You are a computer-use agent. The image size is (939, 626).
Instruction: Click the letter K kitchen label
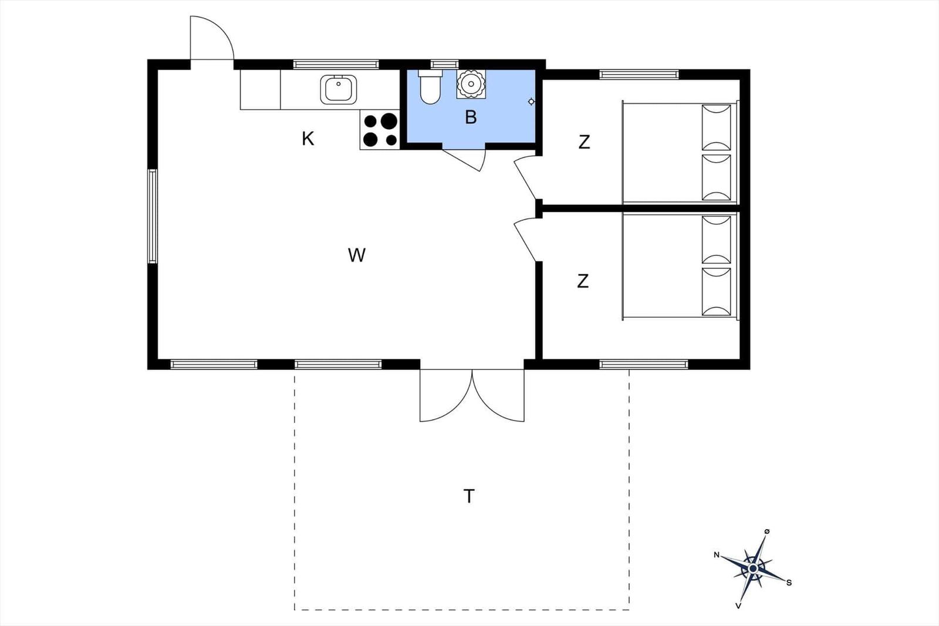[x=308, y=139]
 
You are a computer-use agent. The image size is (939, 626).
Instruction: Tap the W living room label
[x=357, y=255]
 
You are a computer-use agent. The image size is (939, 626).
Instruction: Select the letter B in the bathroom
[x=471, y=117]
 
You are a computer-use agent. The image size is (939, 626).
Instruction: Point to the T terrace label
[x=469, y=496]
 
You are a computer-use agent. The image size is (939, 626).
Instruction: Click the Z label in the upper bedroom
[x=584, y=142]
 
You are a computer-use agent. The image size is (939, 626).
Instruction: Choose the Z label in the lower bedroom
[x=583, y=281]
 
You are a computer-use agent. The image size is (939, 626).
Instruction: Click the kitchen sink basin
[x=339, y=89]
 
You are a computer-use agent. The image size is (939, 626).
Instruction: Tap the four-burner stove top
[x=380, y=130]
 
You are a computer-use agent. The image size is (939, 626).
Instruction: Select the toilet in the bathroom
[x=430, y=87]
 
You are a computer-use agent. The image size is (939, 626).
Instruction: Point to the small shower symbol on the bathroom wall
[x=531, y=102]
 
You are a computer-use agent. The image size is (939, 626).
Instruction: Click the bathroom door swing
[x=466, y=160]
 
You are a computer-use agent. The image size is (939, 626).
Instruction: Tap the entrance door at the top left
[x=212, y=38]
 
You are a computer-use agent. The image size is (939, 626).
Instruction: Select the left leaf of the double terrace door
[x=446, y=395]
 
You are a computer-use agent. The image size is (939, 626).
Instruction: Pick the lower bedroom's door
[x=526, y=240]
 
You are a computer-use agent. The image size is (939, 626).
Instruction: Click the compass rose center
[x=753, y=568]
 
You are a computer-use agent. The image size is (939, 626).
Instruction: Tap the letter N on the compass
[x=717, y=555]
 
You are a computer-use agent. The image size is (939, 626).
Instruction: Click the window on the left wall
[x=153, y=216]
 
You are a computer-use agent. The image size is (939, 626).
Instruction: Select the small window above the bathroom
[x=444, y=64]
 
